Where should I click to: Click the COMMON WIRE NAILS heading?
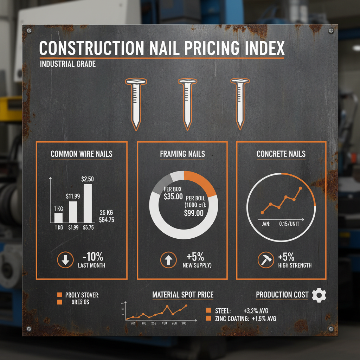(x=82, y=154)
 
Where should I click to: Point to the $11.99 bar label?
(x=73, y=196)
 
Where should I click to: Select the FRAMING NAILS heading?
(x=182, y=154)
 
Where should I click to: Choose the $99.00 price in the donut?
(x=194, y=213)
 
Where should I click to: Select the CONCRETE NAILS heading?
(x=281, y=154)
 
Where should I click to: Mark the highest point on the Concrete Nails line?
(x=300, y=188)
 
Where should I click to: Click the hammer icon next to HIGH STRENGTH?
(x=265, y=261)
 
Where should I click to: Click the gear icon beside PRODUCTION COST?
(x=319, y=295)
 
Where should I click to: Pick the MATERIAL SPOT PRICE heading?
(x=182, y=295)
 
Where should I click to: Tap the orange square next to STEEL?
(x=208, y=311)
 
